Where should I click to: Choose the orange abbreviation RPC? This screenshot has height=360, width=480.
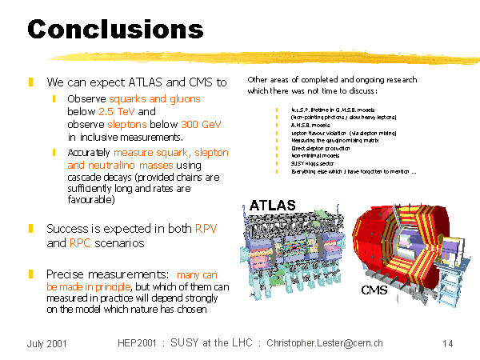pyautogui.click(x=79, y=242)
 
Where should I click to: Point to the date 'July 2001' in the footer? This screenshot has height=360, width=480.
pyautogui.click(x=46, y=344)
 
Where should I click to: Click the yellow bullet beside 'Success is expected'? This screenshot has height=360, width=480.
pyautogui.click(x=30, y=229)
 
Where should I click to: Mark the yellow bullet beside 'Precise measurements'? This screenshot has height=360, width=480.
pyautogui.click(x=30, y=274)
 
